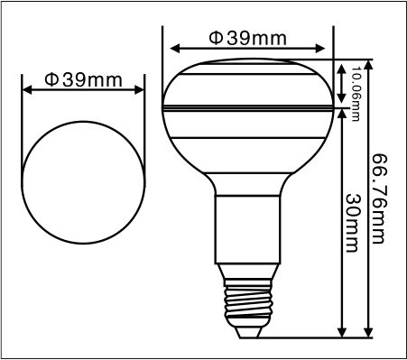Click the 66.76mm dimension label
tap(379, 198)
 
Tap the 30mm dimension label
tap(352, 223)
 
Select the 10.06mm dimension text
tap(356, 94)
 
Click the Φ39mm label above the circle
tap(83, 80)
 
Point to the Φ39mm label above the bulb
tap(248, 38)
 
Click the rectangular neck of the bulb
tap(248, 229)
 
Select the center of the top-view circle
tap(83, 182)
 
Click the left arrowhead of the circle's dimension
tap(27, 89)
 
